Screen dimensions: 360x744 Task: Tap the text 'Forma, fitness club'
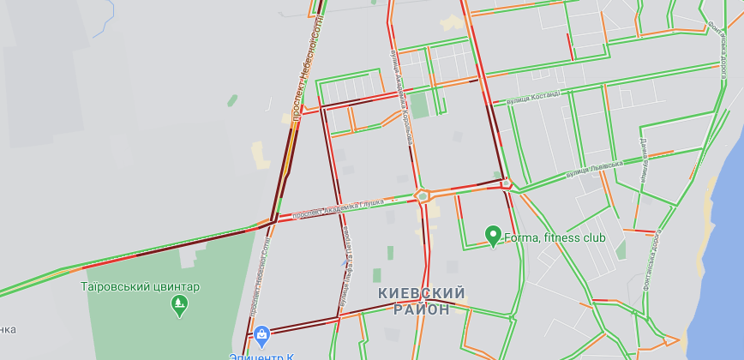click(x=555, y=237)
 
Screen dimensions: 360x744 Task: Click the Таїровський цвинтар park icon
click(x=179, y=303)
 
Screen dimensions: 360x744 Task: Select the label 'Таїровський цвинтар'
click(x=141, y=286)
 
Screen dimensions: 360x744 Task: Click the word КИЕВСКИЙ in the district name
click(x=422, y=293)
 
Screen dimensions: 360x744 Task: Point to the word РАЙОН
click(x=422, y=309)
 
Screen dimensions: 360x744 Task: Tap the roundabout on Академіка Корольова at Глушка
click(x=421, y=195)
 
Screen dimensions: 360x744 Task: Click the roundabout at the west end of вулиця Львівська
click(x=507, y=183)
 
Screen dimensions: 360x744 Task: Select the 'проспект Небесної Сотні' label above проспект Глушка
click(x=303, y=69)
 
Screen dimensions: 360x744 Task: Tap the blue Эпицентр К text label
click(x=257, y=355)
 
